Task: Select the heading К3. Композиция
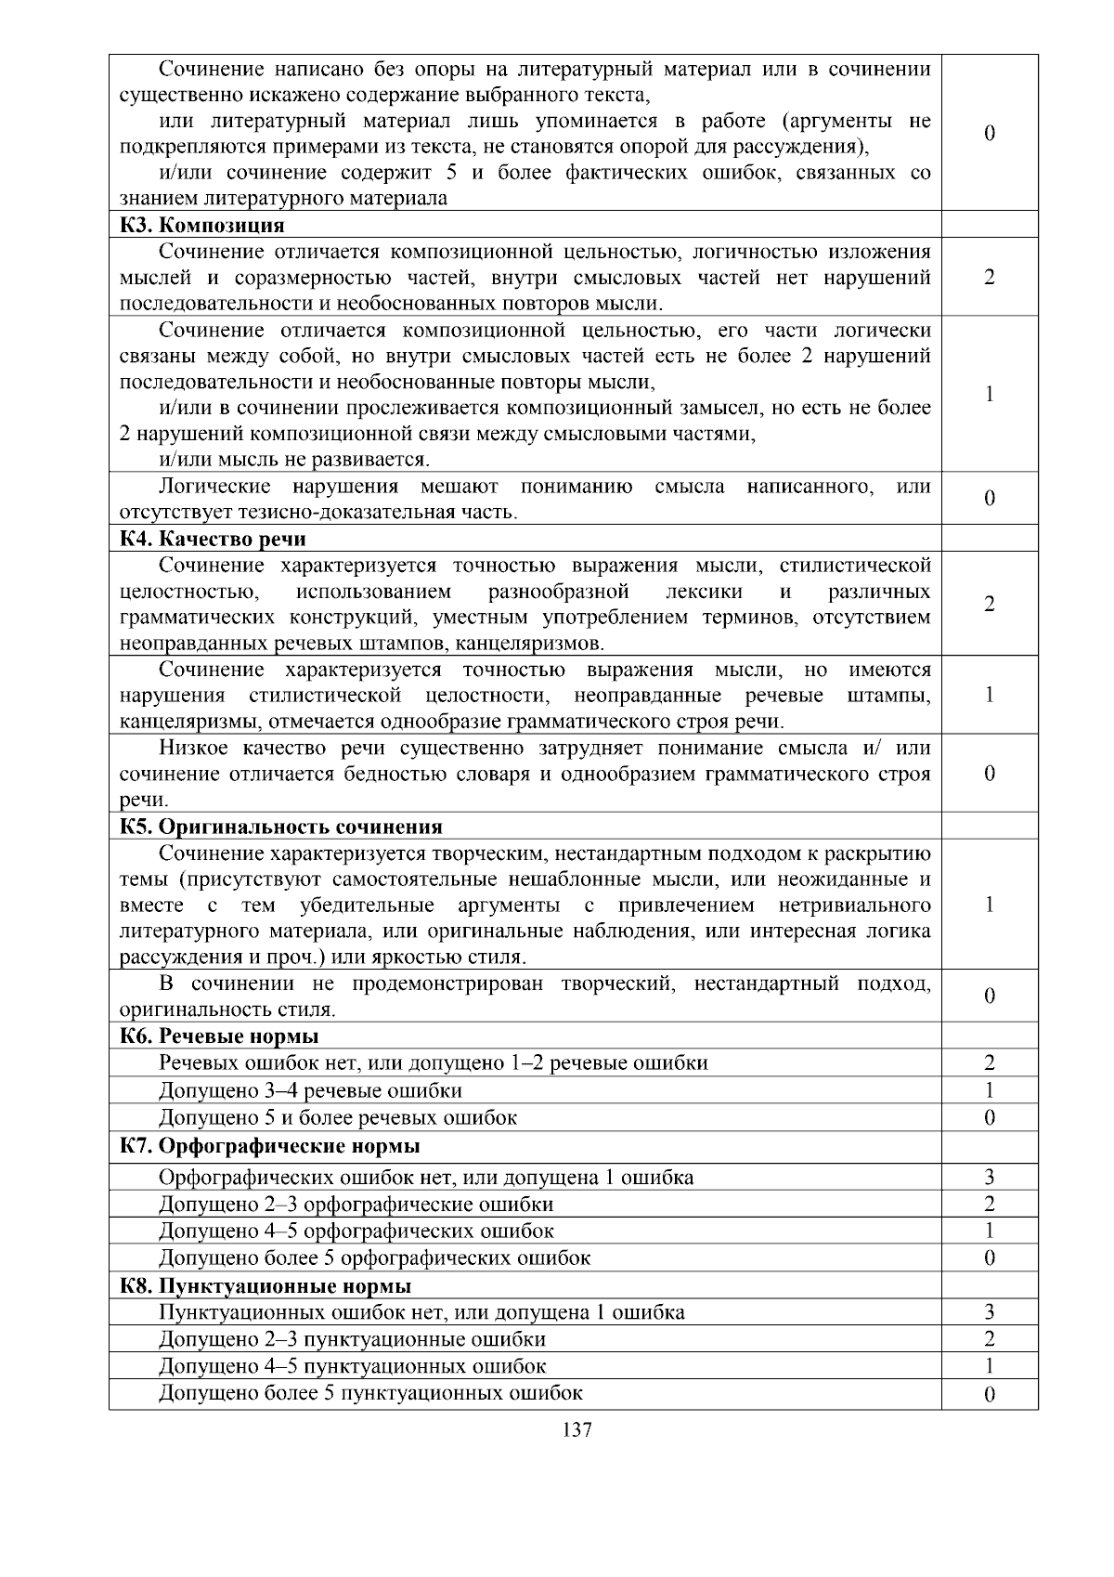[x=202, y=225]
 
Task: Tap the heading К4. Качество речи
[x=213, y=539]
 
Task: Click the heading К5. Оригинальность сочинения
[x=281, y=827]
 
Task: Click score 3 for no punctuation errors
[x=990, y=1312]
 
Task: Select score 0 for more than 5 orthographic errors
[x=990, y=1258]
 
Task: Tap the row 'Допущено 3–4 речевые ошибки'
[x=310, y=1090]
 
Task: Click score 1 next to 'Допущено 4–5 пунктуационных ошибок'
[x=990, y=1366]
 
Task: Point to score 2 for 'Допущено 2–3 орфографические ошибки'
[x=990, y=1205]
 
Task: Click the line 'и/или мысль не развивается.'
[x=294, y=460]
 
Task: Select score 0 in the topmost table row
[x=990, y=134]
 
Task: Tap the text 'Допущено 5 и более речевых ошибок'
[x=338, y=1117]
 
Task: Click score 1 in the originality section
[x=990, y=905]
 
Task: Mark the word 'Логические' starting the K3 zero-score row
[x=214, y=487]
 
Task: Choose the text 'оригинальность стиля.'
[x=227, y=1010]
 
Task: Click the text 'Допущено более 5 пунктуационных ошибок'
[x=370, y=1392]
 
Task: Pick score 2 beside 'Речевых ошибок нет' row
[x=990, y=1063]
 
